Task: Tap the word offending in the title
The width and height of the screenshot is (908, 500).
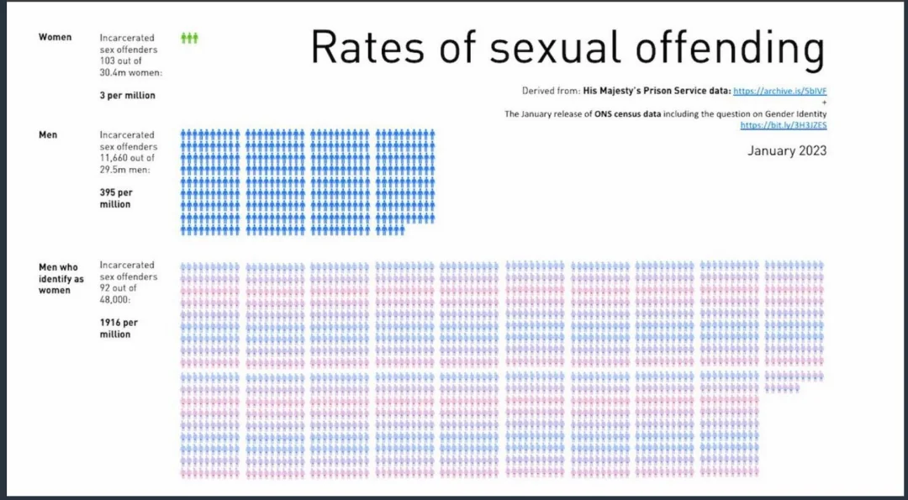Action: [729, 50]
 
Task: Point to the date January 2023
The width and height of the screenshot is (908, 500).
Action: [787, 151]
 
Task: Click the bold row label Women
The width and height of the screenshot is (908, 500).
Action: [55, 37]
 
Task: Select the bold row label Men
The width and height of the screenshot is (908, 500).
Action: [48, 134]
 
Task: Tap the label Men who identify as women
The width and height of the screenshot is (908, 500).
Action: [61, 279]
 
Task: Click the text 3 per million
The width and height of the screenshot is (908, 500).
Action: [127, 96]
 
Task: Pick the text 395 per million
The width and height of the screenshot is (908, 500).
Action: [115, 198]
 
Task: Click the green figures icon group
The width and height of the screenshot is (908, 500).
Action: [189, 38]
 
